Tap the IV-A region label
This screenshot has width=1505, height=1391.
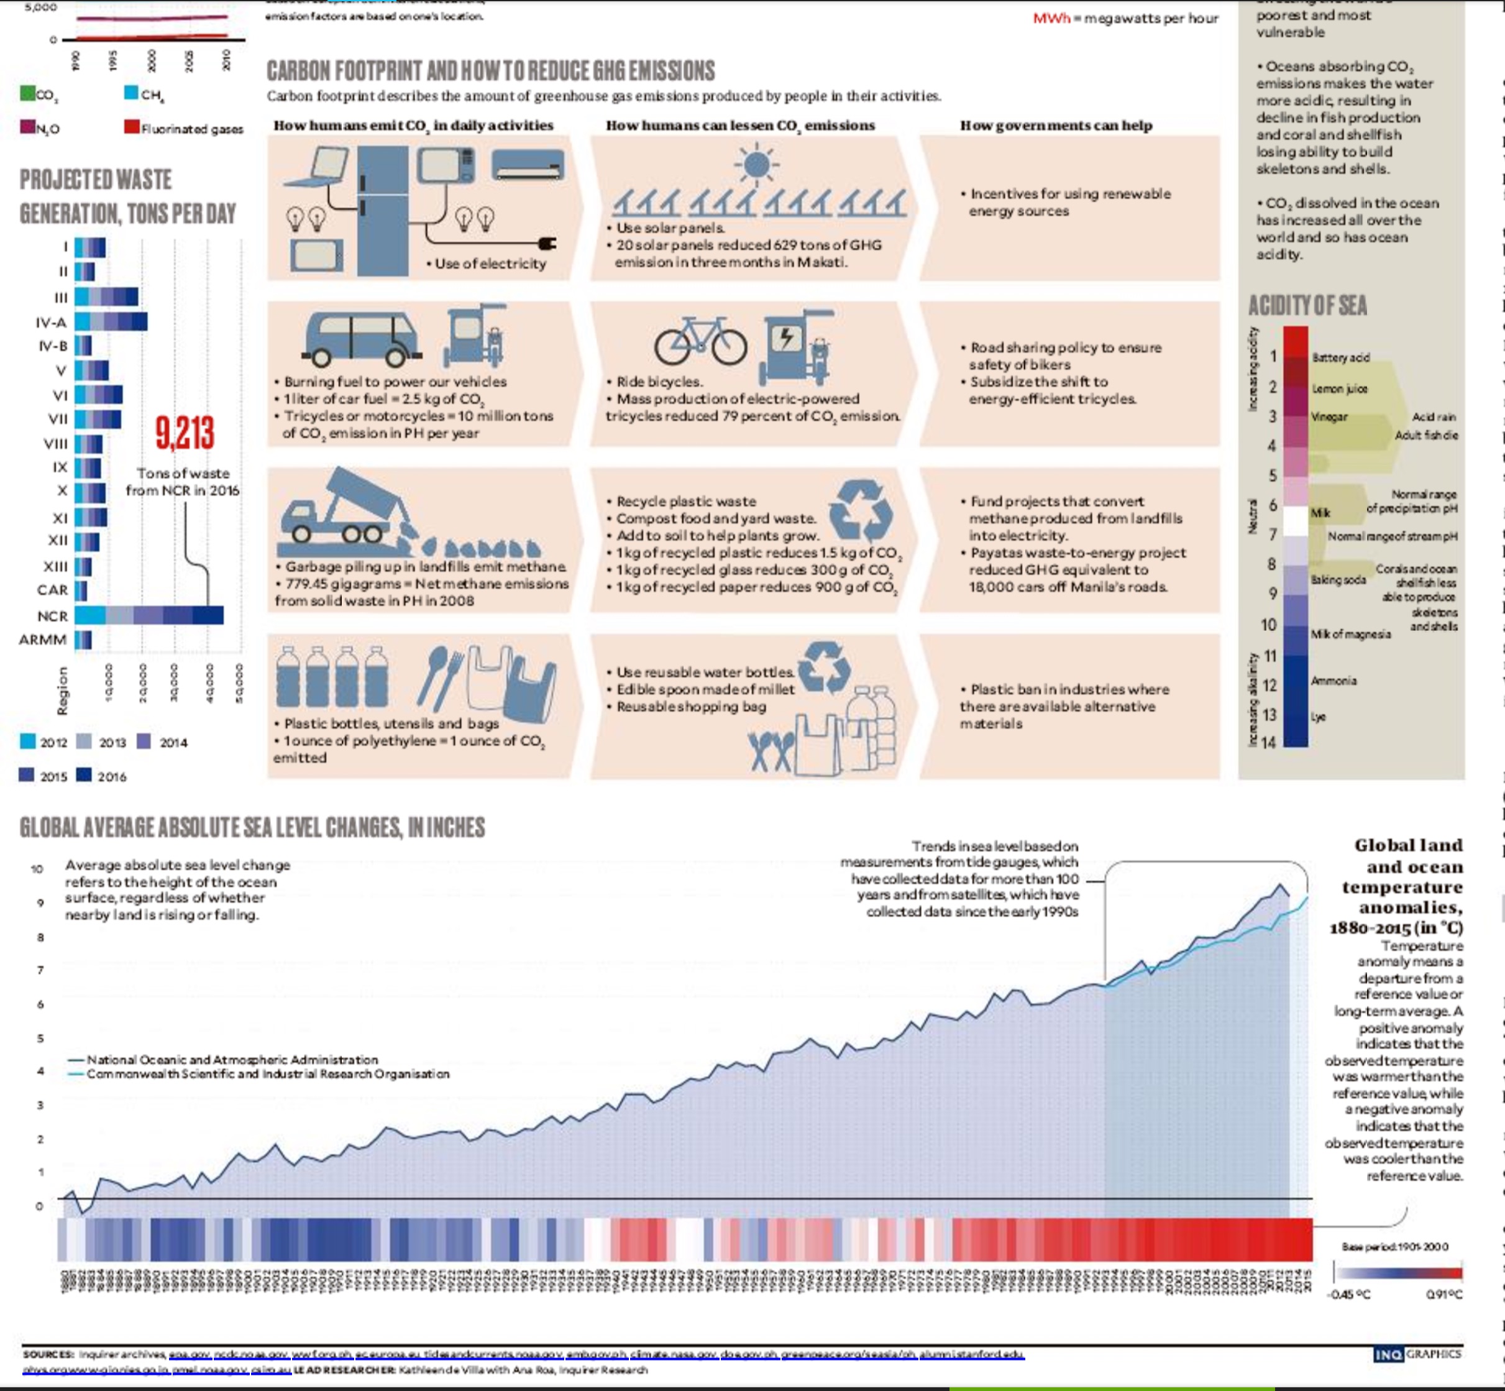(x=51, y=322)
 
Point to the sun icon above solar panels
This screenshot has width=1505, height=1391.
(x=756, y=164)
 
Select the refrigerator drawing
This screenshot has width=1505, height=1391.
(x=382, y=211)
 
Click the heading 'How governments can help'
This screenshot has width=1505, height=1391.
(x=1056, y=126)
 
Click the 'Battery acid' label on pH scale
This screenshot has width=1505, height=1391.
(x=1340, y=357)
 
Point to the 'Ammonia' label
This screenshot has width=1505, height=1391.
(x=1333, y=681)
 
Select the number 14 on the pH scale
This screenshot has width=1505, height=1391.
(x=1269, y=743)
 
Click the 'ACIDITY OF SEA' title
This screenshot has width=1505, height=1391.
(x=1307, y=306)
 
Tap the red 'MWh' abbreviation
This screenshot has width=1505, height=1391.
(x=1051, y=18)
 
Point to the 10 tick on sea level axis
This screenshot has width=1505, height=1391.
(x=37, y=869)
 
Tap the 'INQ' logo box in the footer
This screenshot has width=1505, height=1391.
(x=1388, y=1355)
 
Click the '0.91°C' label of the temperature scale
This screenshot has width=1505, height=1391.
(x=1444, y=1295)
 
